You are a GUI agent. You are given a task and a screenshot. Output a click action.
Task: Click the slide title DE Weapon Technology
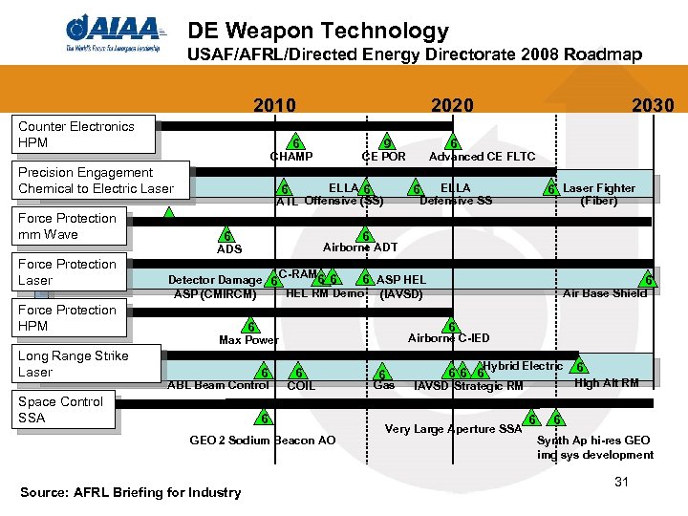click(x=318, y=31)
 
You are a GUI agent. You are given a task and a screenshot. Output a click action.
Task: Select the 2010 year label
click(x=274, y=105)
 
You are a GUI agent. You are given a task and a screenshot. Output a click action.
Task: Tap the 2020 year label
click(x=452, y=105)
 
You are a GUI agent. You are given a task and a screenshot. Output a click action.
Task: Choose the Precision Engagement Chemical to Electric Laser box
click(x=97, y=181)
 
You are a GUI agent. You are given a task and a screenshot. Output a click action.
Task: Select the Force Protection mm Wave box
click(x=68, y=226)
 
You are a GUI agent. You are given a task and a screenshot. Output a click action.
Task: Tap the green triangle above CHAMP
click(x=296, y=140)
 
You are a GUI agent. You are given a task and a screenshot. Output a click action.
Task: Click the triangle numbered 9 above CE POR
click(x=384, y=140)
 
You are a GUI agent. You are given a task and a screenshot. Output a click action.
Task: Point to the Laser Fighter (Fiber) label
click(x=599, y=194)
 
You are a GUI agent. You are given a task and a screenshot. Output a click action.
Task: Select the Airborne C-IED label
click(x=449, y=338)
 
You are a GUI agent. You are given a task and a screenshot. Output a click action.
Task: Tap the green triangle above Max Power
click(x=249, y=326)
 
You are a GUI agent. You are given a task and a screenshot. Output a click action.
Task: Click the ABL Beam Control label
click(x=219, y=385)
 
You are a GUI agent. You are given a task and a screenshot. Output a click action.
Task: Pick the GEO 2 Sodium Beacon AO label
click(x=263, y=441)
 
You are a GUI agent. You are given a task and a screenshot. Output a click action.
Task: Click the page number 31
click(x=621, y=482)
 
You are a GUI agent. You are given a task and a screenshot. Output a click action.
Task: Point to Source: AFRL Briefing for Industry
click(x=130, y=492)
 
